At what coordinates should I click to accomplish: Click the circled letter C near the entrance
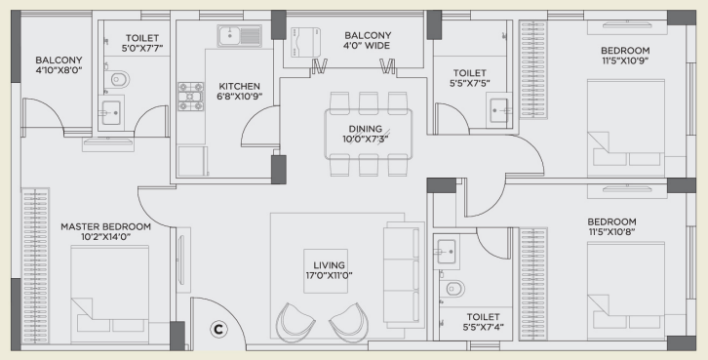pyautogui.click(x=218, y=330)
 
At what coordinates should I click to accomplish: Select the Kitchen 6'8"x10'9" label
pyautogui.click(x=239, y=92)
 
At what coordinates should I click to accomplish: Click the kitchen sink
pyautogui.click(x=239, y=36)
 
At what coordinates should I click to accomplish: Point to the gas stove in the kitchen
pyautogui.click(x=190, y=97)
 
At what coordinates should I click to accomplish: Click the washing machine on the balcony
pyautogui.click(x=305, y=42)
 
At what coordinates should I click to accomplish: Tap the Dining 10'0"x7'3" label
pyautogui.click(x=366, y=135)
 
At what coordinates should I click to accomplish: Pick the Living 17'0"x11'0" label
pyautogui.click(x=329, y=270)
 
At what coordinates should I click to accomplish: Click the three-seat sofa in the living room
pyautogui.click(x=404, y=274)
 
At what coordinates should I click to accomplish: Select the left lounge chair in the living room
pyautogui.click(x=295, y=322)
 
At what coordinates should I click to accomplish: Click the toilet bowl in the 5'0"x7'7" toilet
pyautogui.click(x=117, y=80)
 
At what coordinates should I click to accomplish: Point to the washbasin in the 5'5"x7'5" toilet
pyautogui.click(x=500, y=110)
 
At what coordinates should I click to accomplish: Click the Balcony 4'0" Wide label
pyautogui.click(x=368, y=40)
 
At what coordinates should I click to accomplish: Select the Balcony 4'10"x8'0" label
pyautogui.click(x=59, y=64)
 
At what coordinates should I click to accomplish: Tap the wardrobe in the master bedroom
pyautogui.click(x=35, y=266)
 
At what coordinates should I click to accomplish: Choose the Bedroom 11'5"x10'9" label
pyautogui.click(x=625, y=55)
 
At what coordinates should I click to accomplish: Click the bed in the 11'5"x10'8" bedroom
pyautogui.click(x=626, y=291)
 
